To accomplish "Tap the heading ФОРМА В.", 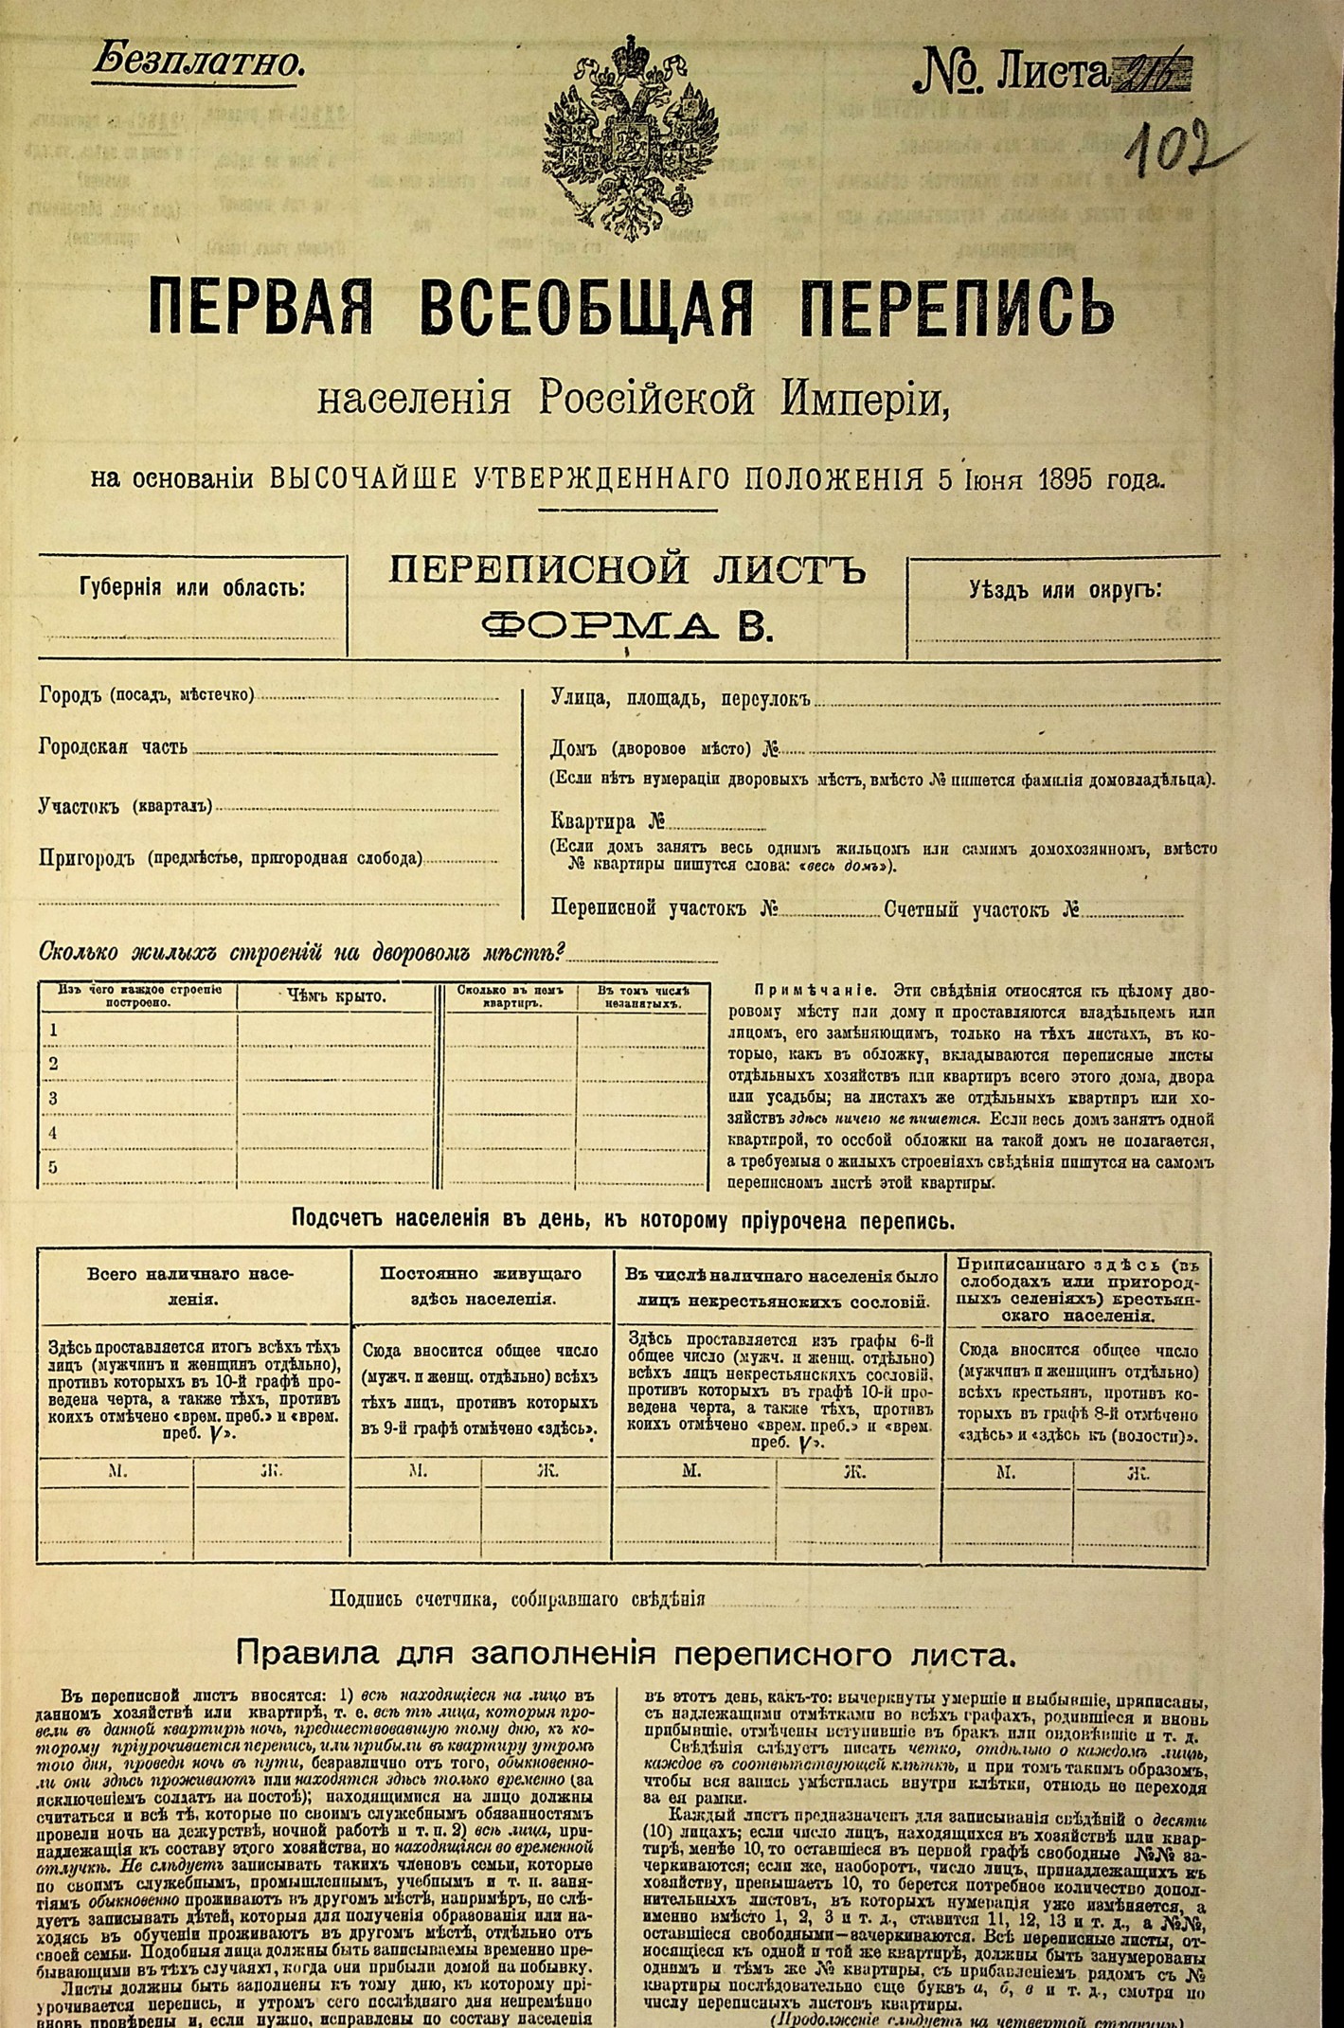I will [x=625, y=624].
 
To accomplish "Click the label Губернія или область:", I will [x=193, y=587].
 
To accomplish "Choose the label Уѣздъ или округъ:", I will [x=1066, y=590].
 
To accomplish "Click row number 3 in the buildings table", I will [x=54, y=1099].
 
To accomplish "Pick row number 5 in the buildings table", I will [x=54, y=1167].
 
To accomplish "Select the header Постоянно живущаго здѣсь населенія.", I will [x=481, y=1285].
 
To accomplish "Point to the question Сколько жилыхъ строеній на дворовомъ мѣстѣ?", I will [x=302, y=952].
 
